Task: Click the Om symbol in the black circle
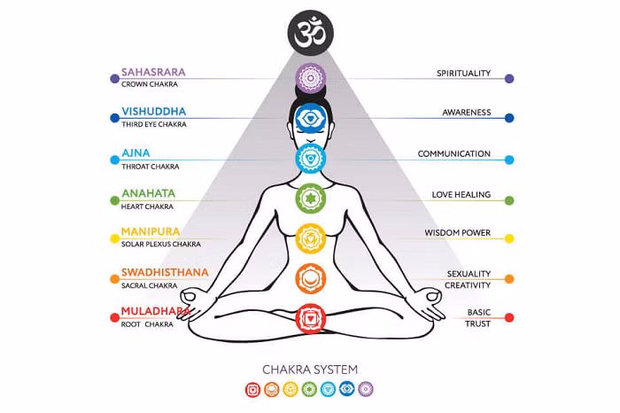click(310, 33)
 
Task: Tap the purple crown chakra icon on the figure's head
click(311, 78)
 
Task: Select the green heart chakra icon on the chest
click(311, 199)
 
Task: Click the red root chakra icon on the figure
click(311, 318)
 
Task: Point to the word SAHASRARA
click(153, 72)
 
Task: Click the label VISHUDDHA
click(154, 112)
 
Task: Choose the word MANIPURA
click(151, 231)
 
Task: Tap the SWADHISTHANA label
click(165, 272)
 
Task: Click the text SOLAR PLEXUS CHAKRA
click(161, 244)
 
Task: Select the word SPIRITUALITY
click(463, 74)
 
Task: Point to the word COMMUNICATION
click(453, 153)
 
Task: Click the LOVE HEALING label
click(461, 195)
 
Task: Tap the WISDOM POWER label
click(458, 232)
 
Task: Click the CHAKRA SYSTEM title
click(310, 370)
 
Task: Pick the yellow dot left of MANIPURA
click(114, 238)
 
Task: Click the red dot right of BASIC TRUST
click(509, 317)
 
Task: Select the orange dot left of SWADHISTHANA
click(114, 279)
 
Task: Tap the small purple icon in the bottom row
click(366, 389)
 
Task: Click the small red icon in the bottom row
click(252, 390)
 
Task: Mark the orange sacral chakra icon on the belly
click(311, 278)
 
